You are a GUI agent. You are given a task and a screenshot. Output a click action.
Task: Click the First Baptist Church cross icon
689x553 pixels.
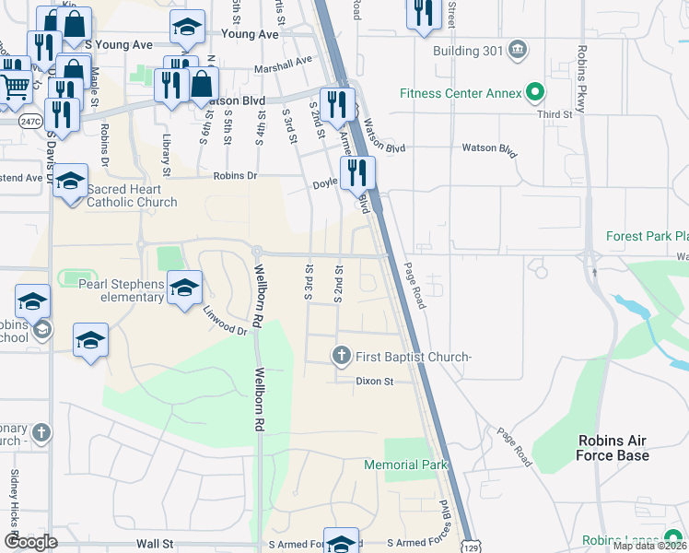(x=341, y=355)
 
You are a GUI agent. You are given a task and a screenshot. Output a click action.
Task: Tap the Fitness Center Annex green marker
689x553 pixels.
(x=532, y=92)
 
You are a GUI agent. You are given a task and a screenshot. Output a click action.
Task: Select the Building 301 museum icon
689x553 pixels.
(x=517, y=48)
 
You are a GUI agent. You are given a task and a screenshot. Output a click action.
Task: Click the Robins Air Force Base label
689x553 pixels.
(x=613, y=448)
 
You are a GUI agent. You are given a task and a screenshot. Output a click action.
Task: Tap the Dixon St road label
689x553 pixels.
(x=376, y=381)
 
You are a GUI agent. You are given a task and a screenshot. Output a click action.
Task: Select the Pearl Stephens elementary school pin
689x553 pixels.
(x=184, y=287)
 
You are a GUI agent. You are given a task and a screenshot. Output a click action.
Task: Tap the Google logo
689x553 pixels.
(x=31, y=541)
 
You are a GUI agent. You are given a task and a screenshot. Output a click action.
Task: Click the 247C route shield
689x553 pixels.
(x=30, y=121)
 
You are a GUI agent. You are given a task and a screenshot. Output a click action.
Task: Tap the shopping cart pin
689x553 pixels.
(x=15, y=88)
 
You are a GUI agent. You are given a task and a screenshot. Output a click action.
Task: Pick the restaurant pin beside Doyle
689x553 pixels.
(x=356, y=171)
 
